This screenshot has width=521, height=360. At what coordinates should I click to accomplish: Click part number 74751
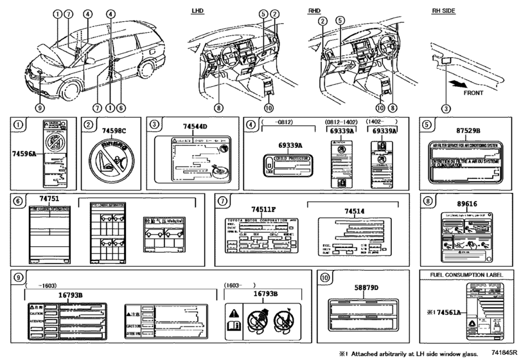(44, 201)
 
